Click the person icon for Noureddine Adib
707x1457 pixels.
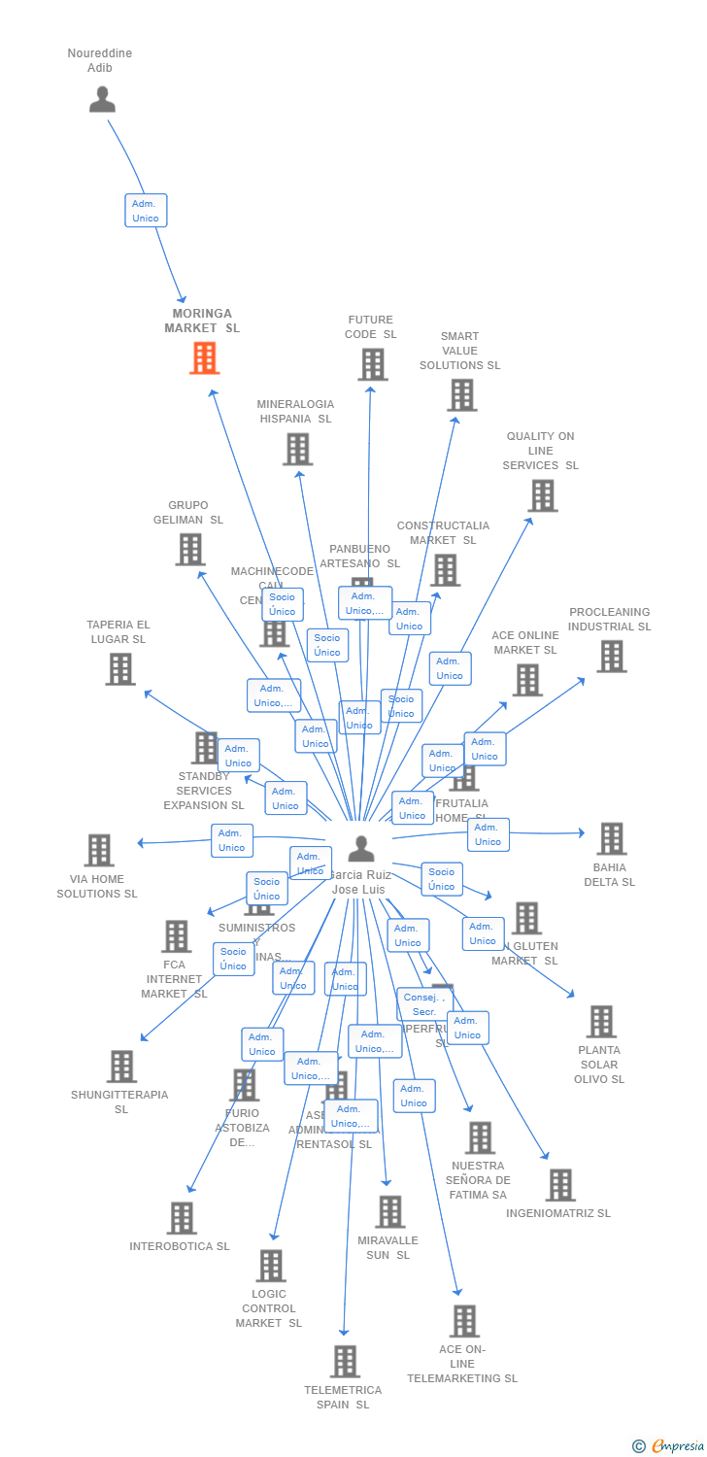(102, 99)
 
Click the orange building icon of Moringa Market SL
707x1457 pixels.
(204, 358)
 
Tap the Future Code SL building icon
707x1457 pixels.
(372, 364)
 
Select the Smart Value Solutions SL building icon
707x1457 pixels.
(461, 395)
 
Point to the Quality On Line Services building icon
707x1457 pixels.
(542, 495)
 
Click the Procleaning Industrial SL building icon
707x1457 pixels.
(611, 657)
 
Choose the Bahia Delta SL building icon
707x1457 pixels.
(611, 838)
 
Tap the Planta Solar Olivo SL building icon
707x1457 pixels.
(601, 1022)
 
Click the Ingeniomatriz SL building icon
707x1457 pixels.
(560, 1185)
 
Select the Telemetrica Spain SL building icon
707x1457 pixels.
(345, 1362)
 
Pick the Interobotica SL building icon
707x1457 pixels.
(182, 1218)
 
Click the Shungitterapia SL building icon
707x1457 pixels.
(121, 1067)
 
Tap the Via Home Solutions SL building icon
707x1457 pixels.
(98, 850)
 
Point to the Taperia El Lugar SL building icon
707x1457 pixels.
(119, 669)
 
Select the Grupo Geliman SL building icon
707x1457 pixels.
(189, 549)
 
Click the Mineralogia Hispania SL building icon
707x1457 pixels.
(297, 449)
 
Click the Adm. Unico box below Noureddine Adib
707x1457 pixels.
(146, 211)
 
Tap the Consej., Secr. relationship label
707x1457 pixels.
(424, 1004)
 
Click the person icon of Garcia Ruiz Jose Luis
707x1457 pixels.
(361, 849)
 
